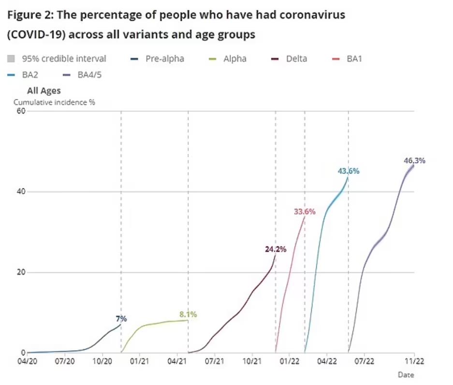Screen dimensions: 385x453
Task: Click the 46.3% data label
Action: pos(414,161)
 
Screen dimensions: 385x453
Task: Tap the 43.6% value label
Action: pos(349,171)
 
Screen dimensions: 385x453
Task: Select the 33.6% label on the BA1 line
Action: pos(305,211)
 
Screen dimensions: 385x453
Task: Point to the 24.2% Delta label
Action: pos(276,249)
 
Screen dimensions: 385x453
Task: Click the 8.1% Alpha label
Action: pos(188,314)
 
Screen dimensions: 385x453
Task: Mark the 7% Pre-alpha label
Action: pos(121,318)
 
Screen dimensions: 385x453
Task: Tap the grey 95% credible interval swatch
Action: pos(11,59)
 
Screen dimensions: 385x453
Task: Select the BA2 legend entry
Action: pos(25,74)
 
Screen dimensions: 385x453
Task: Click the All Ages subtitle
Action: pos(44,90)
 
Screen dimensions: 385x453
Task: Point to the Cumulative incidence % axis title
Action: pos(54,102)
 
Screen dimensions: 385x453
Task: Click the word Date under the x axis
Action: pos(406,374)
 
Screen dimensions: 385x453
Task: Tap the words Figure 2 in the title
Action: pos(29,15)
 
